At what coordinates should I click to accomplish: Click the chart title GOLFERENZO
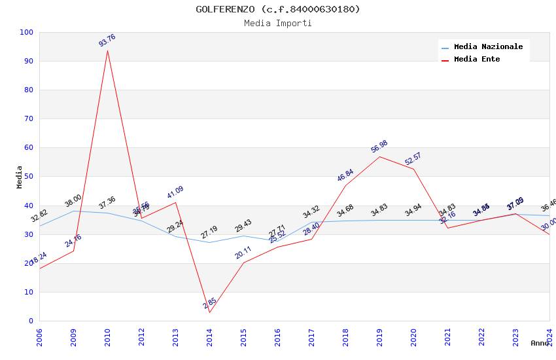277,9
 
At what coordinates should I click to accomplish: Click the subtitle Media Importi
277,23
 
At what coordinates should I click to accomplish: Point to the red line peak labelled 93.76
107,50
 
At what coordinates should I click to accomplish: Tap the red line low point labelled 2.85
209,312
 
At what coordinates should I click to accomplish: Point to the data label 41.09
175,192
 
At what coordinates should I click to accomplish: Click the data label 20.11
243,253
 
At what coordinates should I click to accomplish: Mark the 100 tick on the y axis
27,32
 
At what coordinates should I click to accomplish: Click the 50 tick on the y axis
29,177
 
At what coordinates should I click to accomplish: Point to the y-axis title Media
20,177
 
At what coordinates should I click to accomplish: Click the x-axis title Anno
540,343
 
